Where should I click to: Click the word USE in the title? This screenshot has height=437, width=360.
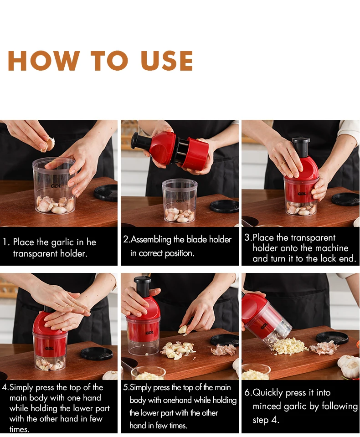pos(167,61)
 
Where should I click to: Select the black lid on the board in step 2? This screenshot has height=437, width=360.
pos(224,206)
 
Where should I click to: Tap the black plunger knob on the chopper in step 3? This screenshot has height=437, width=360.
pos(301,144)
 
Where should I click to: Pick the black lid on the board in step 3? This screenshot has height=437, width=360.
pos(345,199)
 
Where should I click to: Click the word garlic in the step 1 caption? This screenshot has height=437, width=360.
pos(62,242)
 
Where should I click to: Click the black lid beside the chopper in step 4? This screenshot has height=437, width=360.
pos(96,353)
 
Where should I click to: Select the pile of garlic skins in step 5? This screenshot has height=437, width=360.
pos(224,350)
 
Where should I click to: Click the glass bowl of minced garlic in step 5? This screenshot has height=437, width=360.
pos(149,373)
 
